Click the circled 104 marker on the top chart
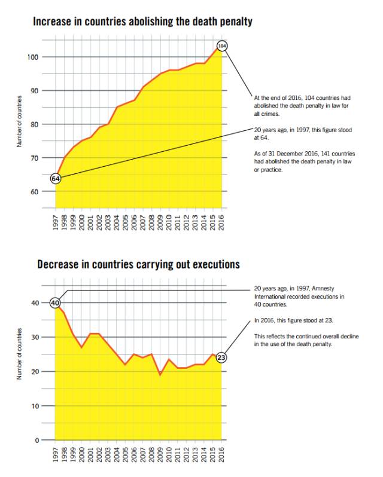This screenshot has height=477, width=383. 222,46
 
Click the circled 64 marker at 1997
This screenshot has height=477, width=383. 56,179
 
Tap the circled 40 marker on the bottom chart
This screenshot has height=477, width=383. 55,303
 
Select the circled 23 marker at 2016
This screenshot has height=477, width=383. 221,357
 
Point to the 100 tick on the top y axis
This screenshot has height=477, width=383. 32,57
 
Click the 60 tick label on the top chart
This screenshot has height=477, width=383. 34,192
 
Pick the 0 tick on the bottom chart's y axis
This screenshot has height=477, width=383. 37,440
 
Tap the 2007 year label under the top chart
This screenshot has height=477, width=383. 142,222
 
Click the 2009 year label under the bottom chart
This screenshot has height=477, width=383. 160,454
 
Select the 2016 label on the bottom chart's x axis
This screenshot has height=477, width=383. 221,454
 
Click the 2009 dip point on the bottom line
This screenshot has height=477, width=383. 160,375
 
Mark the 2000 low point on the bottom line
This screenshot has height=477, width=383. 81,347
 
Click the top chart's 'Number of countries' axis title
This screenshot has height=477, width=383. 19,121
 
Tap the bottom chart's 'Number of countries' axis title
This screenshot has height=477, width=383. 19,354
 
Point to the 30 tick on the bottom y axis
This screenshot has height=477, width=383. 35,337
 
